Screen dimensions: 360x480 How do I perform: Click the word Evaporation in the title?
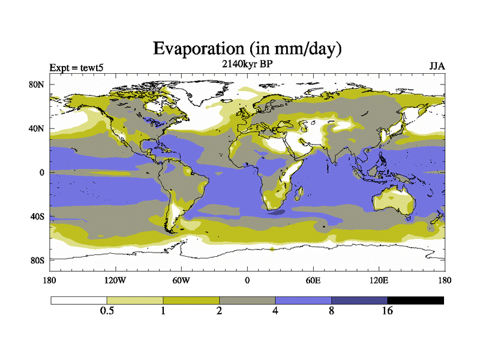(194, 48)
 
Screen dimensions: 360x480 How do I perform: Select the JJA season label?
(436, 66)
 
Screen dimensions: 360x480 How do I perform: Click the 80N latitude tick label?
(37, 85)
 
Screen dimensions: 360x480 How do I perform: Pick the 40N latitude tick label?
(37, 128)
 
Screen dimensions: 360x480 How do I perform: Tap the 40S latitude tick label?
(37, 216)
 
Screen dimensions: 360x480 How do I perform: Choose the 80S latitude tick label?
(37, 260)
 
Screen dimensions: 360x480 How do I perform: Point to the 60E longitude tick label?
(313, 280)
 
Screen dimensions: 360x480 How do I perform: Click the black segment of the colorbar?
(415, 300)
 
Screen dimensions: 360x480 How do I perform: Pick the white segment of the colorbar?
(79, 300)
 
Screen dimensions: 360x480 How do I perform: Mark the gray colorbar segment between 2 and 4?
(247, 300)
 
